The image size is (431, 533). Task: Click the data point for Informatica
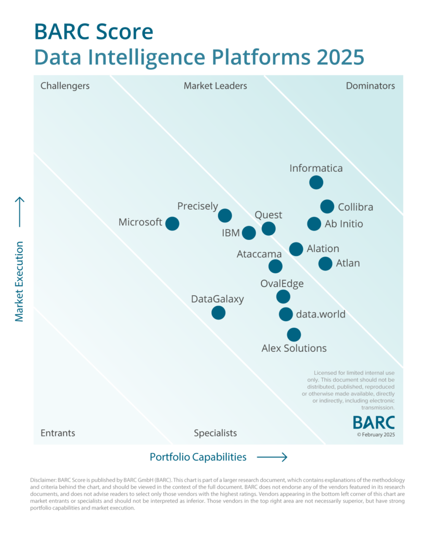(x=316, y=182)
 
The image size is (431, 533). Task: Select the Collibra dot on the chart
(x=327, y=207)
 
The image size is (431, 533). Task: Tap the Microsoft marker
(x=172, y=224)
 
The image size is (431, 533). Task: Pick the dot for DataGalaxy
(x=219, y=313)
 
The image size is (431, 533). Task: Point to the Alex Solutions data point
(x=294, y=335)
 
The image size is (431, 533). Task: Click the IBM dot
(x=249, y=233)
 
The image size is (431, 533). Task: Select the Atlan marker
(x=325, y=263)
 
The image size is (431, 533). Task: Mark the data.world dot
(x=286, y=314)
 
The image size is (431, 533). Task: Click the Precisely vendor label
(x=197, y=206)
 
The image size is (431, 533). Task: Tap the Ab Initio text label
(x=344, y=224)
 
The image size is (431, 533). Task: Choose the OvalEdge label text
(x=282, y=284)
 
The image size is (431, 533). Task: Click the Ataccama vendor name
(x=259, y=255)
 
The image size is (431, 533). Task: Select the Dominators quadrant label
(x=370, y=86)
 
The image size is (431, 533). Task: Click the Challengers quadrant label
(x=65, y=86)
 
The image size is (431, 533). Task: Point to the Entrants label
(x=58, y=433)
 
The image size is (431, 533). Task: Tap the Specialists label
(x=215, y=433)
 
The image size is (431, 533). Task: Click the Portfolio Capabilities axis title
(x=198, y=457)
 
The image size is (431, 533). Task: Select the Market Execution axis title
(x=19, y=281)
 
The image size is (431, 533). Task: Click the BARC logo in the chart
(x=374, y=422)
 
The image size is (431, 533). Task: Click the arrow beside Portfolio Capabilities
(x=272, y=457)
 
